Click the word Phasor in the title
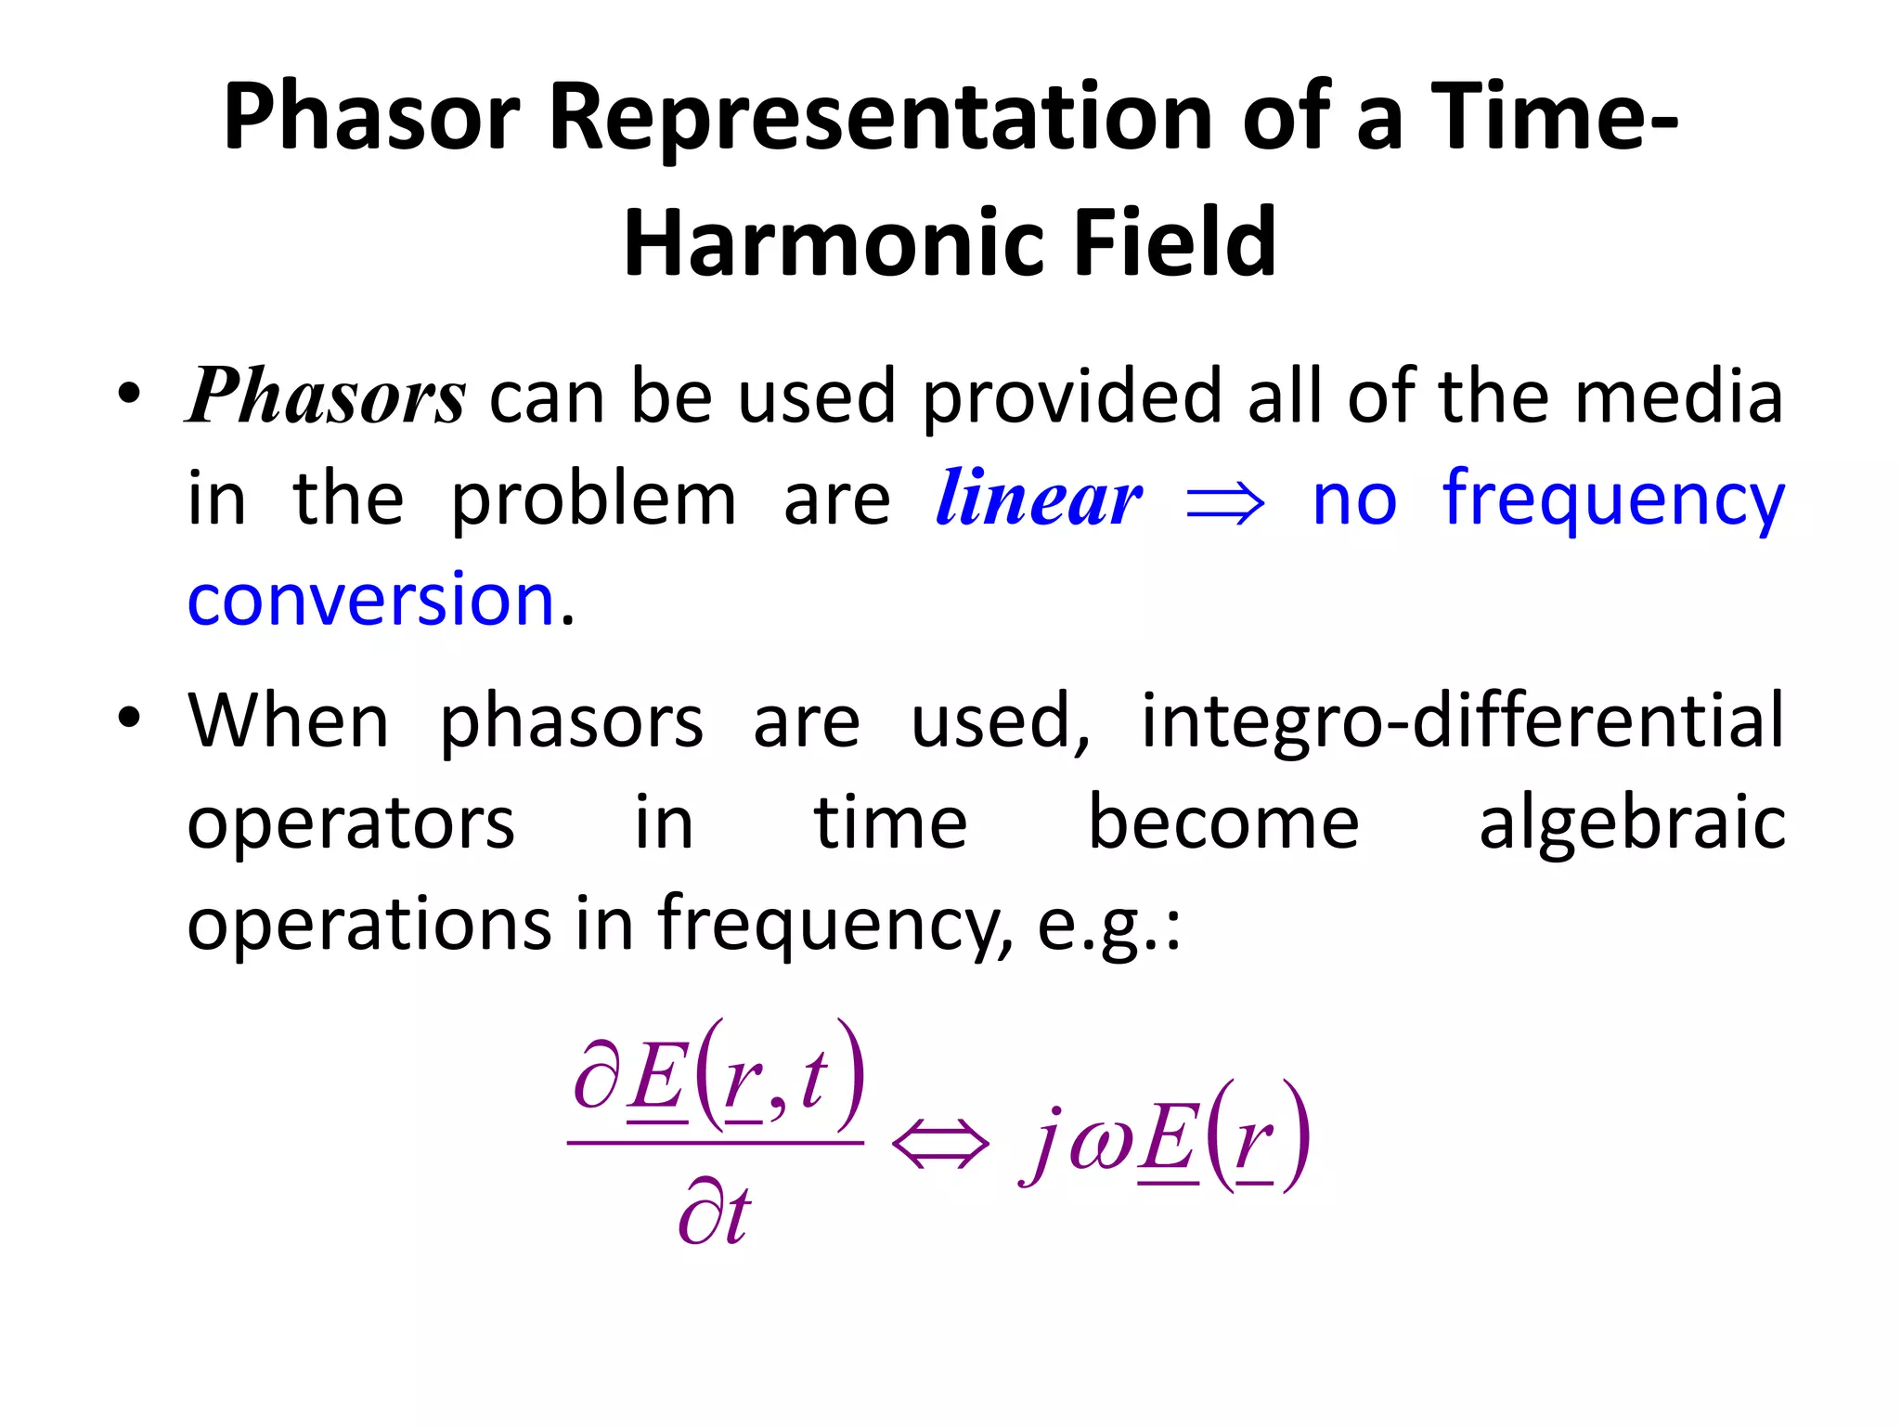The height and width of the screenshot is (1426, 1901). coord(371,118)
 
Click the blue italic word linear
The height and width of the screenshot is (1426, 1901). coord(1039,499)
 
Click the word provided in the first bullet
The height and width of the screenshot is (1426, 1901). coord(1071,397)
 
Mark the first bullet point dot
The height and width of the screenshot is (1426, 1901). coord(129,394)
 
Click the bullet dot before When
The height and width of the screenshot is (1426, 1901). coord(129,717)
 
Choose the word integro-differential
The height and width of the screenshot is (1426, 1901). coord(1462,720)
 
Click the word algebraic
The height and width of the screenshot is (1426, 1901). coord(1632,823)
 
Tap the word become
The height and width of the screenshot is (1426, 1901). coord(1223,823)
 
